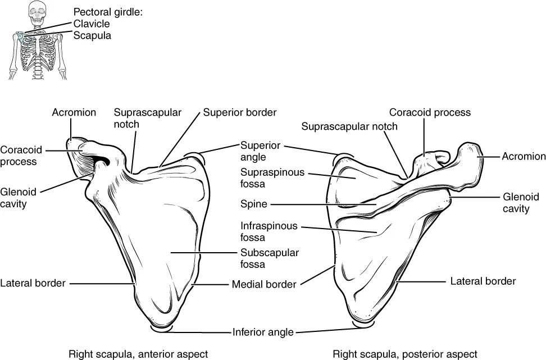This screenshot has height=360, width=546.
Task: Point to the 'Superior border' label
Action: pyautogui.click(x=240, y=112)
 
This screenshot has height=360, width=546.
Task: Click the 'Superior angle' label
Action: pyautogui.click(x=260, y=152)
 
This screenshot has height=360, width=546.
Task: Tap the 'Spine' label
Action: pyautogui.click(x=254, y=204)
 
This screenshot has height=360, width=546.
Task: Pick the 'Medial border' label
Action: pyautogui.click(x=264, y=284)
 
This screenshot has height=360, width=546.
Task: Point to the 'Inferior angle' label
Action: pyautogui.click(x=263, y=332)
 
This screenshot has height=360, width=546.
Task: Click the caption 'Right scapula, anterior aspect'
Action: pyautogui.click(x=138, y=354)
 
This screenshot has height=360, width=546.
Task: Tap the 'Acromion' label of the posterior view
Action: pyautogui.click(x=524, y=156)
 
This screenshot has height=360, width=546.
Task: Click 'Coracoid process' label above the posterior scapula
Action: pyautogui.click(x=430, y=112)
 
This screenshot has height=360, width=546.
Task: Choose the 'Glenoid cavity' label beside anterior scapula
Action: pyautogui.click(x=18, y=197)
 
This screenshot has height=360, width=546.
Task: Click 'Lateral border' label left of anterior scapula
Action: pyautogui.click(x=33, y=283)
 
